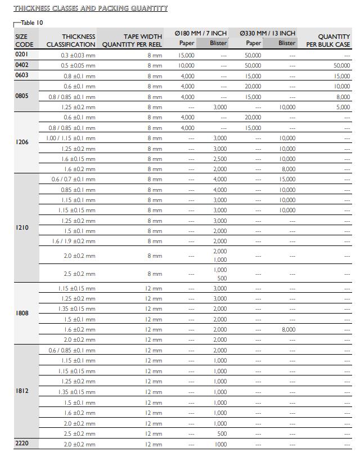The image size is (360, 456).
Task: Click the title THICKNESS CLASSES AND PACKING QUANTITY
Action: tap(90, 8)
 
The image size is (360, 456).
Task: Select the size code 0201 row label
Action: tap(21, 55)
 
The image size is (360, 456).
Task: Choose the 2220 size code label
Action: tap(21, 444)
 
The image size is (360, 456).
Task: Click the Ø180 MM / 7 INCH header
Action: tap(201, 33)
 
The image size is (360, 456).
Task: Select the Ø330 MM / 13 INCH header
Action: tap(267, 33)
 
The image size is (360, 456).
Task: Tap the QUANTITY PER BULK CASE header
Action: tap(328, 40)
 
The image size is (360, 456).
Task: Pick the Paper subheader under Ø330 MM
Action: tap(254, 43)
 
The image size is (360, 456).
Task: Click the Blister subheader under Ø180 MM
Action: tap(218, 43)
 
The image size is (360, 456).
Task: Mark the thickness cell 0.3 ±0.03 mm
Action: tap(78, 55)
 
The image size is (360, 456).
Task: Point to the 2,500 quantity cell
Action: tap(220, 159)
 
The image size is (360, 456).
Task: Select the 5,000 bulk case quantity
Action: tap(343, 107)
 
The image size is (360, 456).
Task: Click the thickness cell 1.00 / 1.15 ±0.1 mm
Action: tap(71, 138)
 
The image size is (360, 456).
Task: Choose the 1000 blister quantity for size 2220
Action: tap(220, 444)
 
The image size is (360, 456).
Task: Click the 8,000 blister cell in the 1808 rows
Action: tap(288, 329)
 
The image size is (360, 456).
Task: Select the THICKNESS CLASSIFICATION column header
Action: tap(71, 40)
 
